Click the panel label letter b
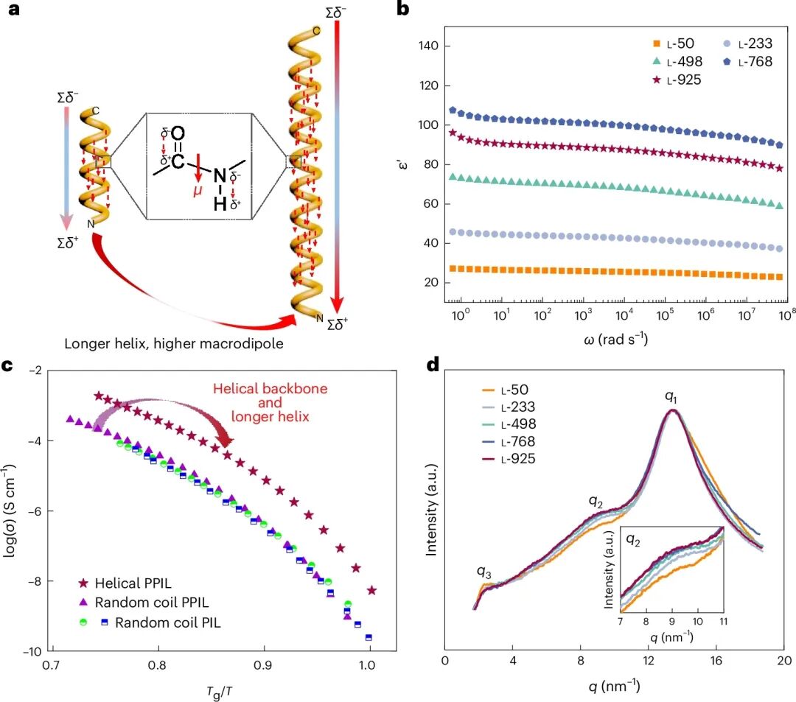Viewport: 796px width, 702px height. coord(403,10)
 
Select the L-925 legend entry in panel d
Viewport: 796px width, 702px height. coord(517,458)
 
